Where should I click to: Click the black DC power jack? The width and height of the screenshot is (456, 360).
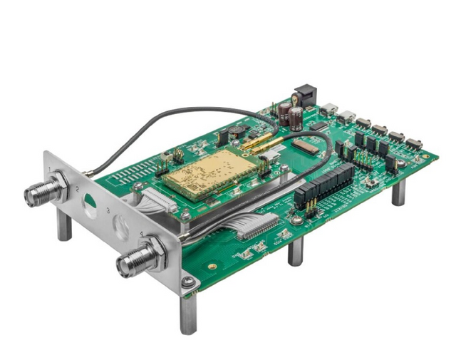tap(304, 96)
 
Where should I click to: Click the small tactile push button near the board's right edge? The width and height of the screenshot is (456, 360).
tap(370, 182)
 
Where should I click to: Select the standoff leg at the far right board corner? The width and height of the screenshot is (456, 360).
tap(398, 192)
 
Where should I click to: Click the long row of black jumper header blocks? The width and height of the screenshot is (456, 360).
tap(324, 185)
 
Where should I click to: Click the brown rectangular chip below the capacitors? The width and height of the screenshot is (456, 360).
tap(306, 145)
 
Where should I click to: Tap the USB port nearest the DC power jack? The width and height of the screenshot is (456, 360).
tap(329, 110)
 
